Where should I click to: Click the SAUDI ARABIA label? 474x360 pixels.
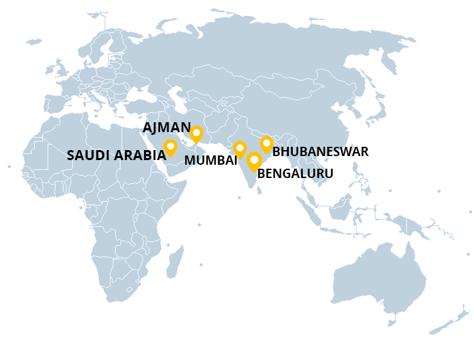tap(116, 155)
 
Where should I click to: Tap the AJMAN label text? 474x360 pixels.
tap(166, 128)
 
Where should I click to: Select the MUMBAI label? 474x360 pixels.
tap(210, 160)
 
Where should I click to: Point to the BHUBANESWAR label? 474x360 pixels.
tap(320, 151)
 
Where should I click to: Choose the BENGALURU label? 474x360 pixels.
tap(295, 173)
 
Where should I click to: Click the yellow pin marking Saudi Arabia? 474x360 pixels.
tap(171, 147)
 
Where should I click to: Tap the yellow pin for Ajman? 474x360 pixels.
tap(197, 134)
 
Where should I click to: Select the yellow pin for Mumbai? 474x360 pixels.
tap(240, 149)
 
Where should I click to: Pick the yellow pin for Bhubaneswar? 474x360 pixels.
tap(266, 144)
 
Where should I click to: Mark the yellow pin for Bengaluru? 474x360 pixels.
tap(254, 161)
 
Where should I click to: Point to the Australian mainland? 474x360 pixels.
tap(378, 279)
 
